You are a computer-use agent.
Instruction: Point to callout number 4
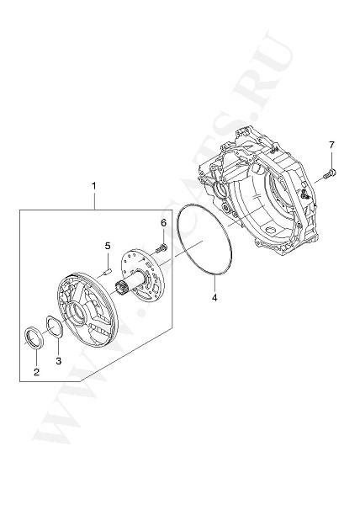[214, 298]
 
